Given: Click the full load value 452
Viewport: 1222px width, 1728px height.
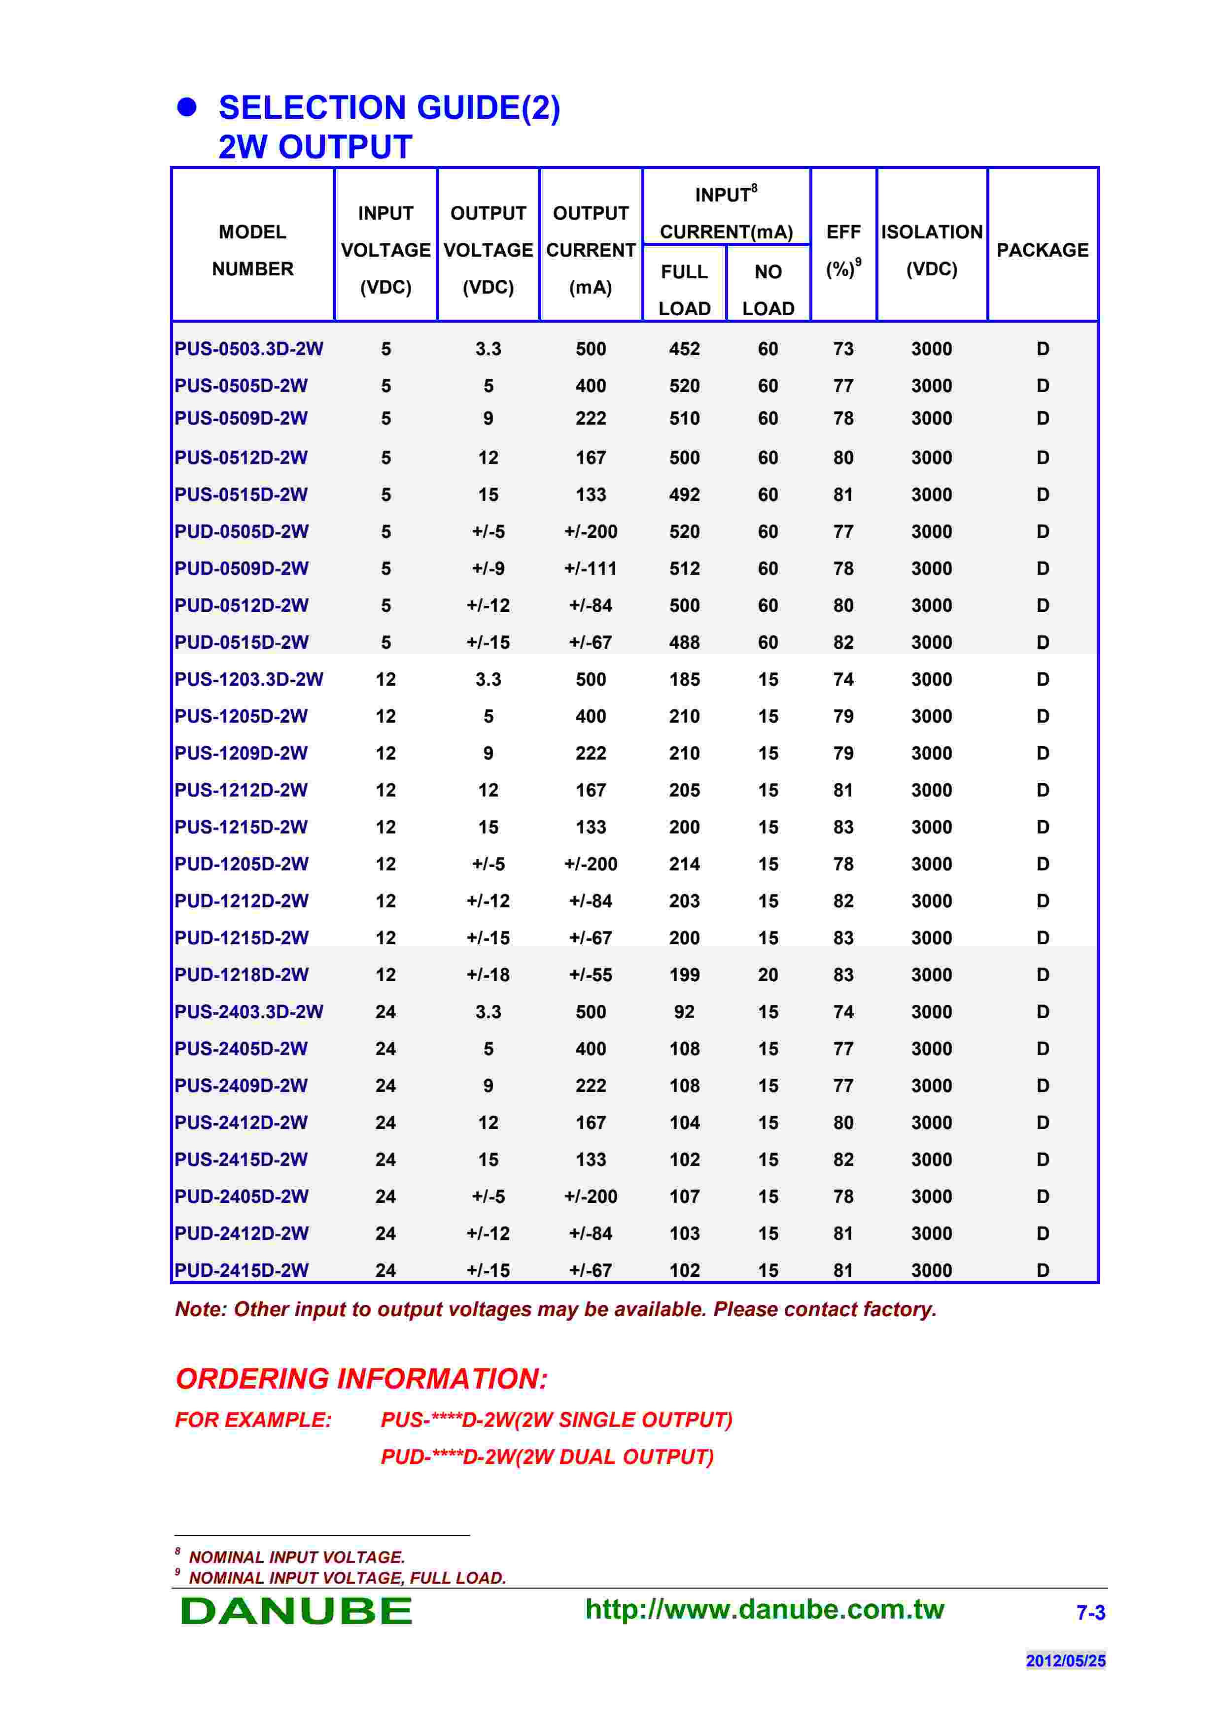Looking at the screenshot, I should click(x=684, y=349).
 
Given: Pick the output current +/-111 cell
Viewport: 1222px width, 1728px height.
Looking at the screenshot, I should click(x=590, y=569).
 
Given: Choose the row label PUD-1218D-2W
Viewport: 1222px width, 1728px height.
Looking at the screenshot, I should click(x=241, y=975).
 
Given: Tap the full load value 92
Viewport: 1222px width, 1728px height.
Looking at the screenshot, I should click(x=684, y=1012).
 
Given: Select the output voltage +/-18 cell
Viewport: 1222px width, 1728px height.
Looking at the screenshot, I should click(x=488, y=975).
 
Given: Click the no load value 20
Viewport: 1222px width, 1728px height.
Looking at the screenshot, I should click(x=768, y=975).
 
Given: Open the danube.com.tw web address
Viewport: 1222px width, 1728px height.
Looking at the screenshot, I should click(x=764, y=1610).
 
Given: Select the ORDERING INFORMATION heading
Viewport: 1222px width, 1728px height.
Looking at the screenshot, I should click(x=361, y=1379).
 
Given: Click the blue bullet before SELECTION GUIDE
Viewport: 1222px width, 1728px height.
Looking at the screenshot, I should click(x=187, y=107).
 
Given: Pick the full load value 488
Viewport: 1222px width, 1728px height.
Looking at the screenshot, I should click(x=684, y=643).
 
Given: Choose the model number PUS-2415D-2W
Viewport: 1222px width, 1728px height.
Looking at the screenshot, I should click(x=241, y=1160).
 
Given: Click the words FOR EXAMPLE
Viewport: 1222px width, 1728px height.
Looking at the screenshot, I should click(x=253, y=1420).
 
